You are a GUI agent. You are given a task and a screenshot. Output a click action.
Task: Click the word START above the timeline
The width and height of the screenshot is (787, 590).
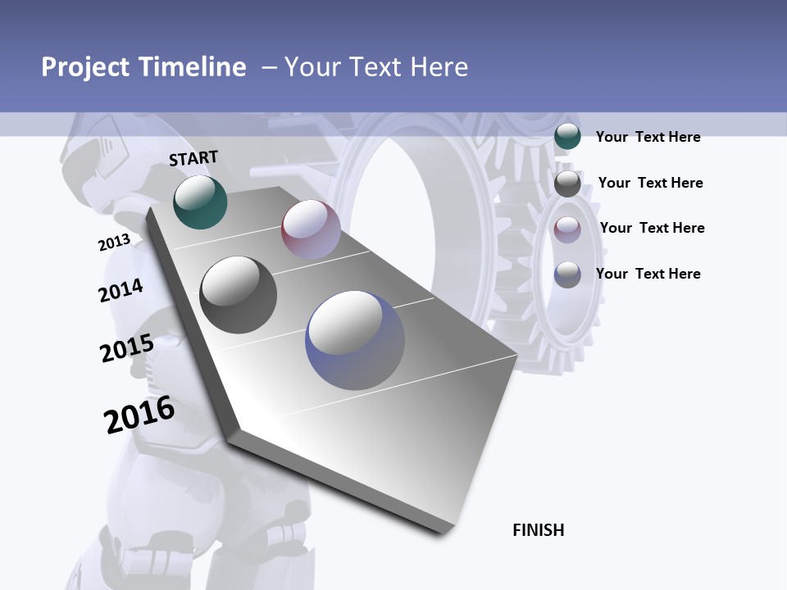pyautogui.click(x=193, y=157)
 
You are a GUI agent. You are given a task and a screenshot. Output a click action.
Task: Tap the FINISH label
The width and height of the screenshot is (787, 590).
pyautogui.click(x=538, y=530)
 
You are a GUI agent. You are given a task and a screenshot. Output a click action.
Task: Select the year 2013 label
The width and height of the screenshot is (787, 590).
pyautogui.click(x=114, y=243)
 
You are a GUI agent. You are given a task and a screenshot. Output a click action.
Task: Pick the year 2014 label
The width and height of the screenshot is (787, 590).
pyautogui.click(x=121, y=290)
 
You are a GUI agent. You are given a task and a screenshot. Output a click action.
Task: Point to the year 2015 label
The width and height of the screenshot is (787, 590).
pyautogui.click(x=126, y=348)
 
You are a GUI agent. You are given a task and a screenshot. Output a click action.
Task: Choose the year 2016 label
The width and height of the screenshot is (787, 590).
pyautogui.click(x=139, y=415)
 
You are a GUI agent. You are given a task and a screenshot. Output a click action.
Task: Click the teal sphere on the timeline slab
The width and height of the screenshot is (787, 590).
pyautogui.click(x=200, y=202)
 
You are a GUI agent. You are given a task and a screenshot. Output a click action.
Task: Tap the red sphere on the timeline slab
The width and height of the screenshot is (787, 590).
pyautogui.click(x=311, y=229)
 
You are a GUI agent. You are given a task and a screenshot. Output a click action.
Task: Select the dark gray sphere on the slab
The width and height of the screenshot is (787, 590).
pyautogui.click(x=238, y=295)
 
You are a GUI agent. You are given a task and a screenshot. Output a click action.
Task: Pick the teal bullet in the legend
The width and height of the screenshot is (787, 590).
pyautogui.click(x=567, y=136)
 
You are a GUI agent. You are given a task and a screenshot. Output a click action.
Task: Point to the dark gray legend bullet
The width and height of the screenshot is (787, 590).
pyautogui.click(x=567, y=184)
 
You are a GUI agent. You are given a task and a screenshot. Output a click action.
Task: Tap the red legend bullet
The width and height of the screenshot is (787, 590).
pyautogui.click(x=567, y=229)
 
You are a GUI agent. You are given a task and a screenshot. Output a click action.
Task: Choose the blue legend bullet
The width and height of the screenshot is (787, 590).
pyautogui.click(x=567, y=275)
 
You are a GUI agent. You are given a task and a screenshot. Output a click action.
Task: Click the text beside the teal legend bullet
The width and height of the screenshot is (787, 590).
pyautogui.click(x=648, y=137)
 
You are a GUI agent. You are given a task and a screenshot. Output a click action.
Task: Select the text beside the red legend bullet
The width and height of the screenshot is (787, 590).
pyautogui.click(x=652, y=228)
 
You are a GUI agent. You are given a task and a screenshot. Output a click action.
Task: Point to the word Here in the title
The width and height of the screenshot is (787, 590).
pyautogui.click(x=439, y=67)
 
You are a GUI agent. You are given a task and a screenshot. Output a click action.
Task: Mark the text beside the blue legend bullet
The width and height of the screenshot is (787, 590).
pyautogui.click(x=648, y=274)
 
